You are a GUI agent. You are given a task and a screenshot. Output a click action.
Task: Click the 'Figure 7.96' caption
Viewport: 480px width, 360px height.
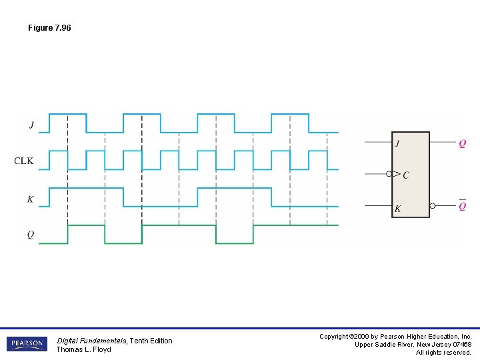click(x=49, y=28)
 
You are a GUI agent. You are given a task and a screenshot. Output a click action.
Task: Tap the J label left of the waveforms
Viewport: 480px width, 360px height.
click(x=31, y=125)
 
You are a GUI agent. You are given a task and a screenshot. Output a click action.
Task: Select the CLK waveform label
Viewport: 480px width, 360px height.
click(x=24, y=161)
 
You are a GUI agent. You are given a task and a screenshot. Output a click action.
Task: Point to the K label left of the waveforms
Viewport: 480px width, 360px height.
click(x=31, y=199)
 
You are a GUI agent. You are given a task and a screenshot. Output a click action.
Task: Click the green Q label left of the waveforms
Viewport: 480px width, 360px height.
click(x=31, y=235)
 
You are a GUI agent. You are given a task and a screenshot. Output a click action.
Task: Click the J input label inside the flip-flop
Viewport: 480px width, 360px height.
click(x=397, y=143)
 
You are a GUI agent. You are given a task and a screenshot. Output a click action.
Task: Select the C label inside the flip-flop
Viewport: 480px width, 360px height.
click(x=406, y=175)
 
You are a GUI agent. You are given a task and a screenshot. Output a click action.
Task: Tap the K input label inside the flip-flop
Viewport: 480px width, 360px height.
click(x=398, y=209)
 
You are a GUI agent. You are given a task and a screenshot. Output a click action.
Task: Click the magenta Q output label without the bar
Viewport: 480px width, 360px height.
click(x=463, y=143)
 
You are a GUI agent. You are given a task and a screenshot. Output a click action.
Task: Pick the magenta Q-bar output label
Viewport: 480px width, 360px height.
click(x=463, y=205)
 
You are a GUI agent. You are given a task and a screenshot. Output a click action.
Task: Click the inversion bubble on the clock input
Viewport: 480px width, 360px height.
click(x=389, y=175)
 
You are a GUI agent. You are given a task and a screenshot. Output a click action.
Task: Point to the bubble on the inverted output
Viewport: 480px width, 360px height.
click(x=433, y=206)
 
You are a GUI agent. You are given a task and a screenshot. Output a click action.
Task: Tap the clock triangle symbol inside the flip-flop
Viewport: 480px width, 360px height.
click(x=397, y=175)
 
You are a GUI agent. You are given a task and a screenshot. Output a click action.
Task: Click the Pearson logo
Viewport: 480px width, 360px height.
click(x=27, y=344)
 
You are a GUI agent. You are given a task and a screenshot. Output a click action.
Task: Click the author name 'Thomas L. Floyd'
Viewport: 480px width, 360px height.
click(x=83, y=349)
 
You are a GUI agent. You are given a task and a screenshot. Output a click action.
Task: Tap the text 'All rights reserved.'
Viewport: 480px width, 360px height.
click(x=443, y=353)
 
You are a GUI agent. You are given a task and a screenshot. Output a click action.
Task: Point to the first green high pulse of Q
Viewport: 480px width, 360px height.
click(x=87, y=225)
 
